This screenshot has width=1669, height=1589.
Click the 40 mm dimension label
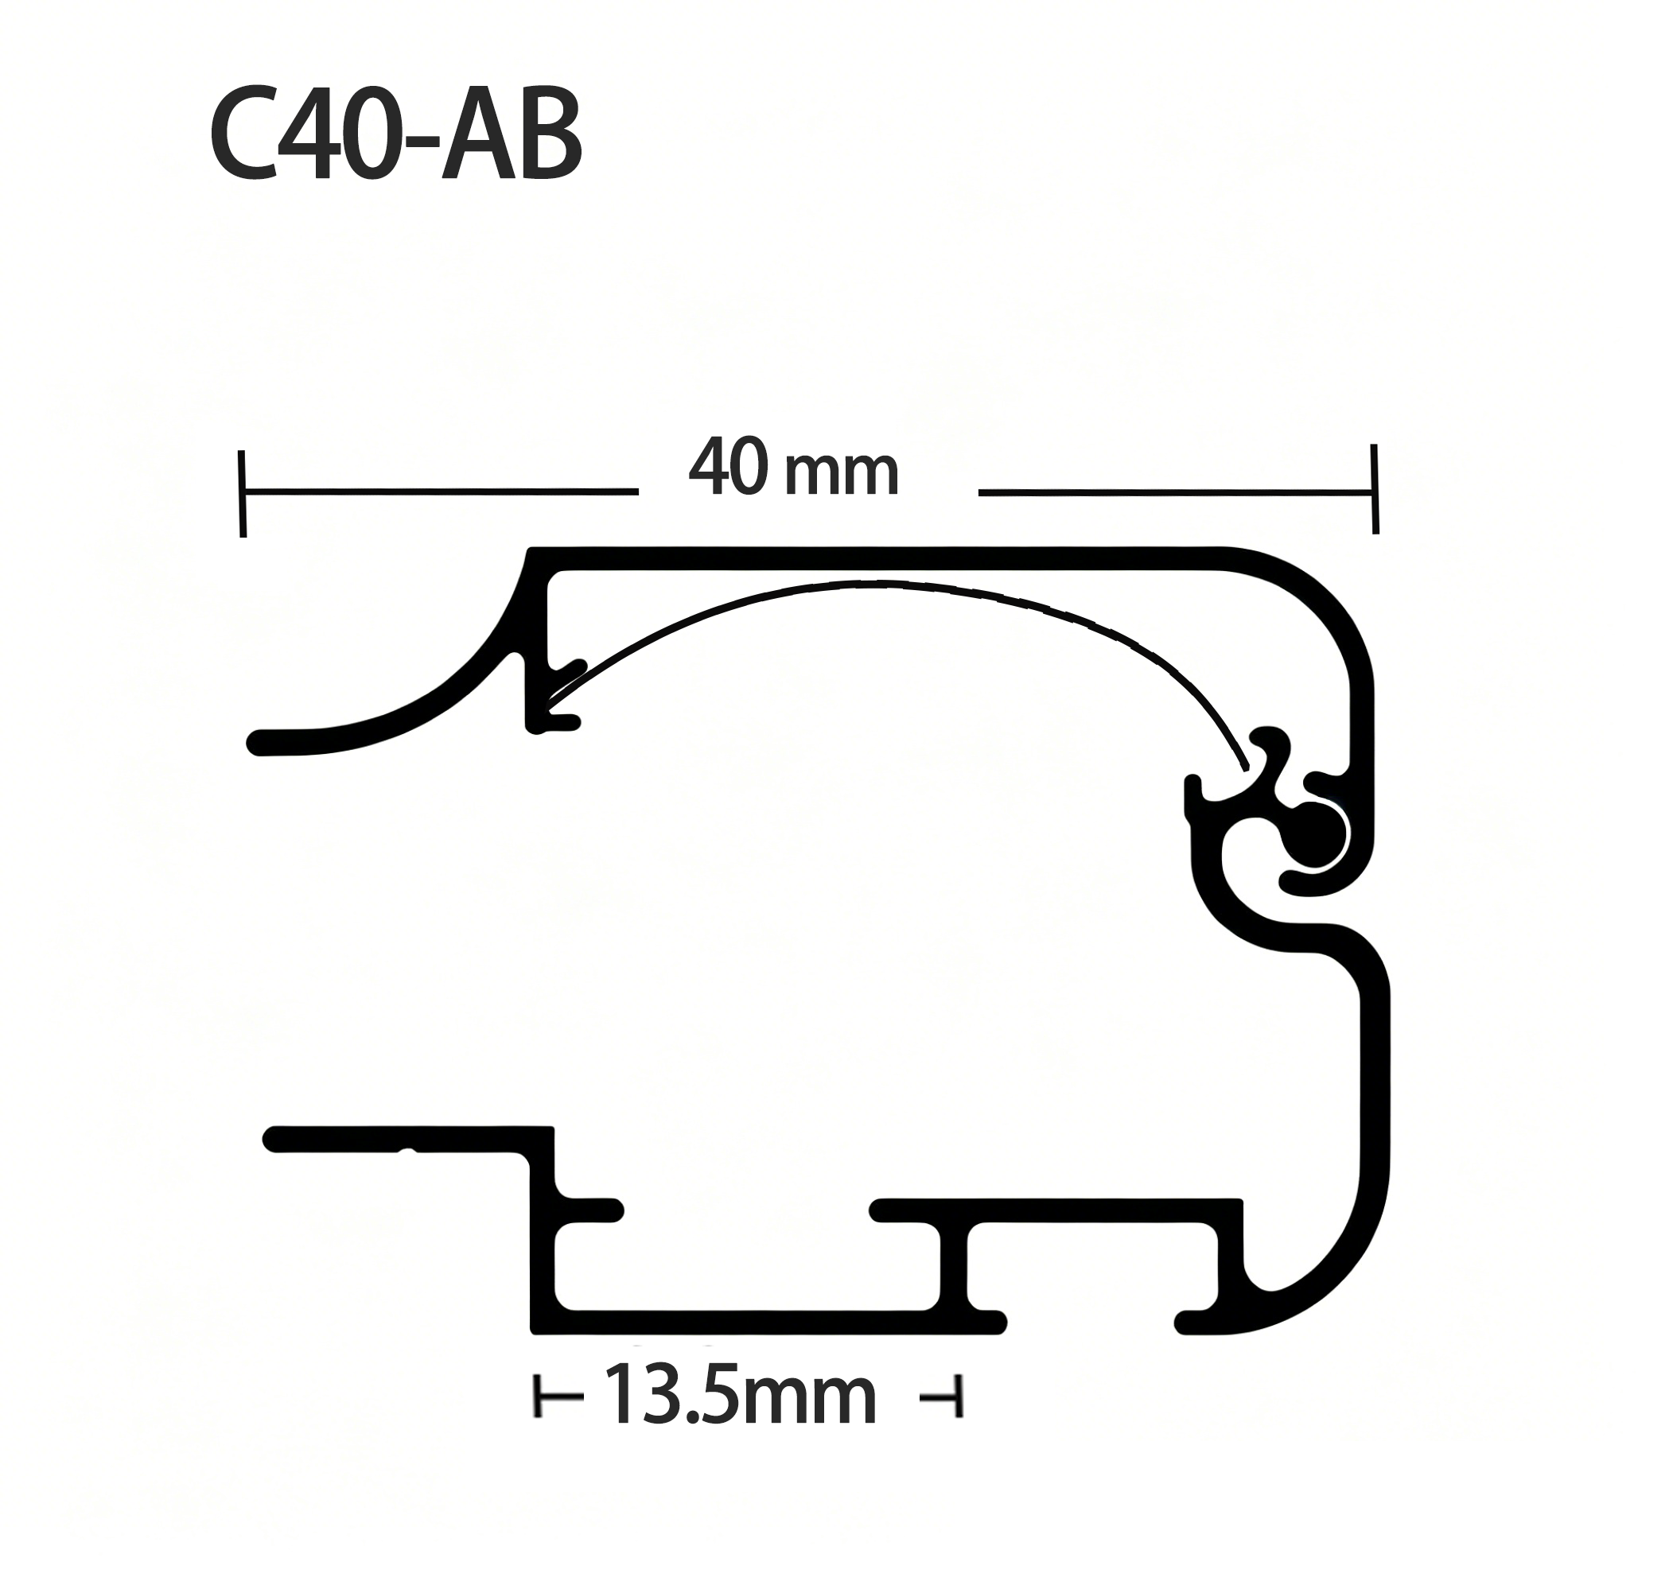[x=794, y=468]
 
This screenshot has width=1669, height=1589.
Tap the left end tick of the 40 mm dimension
[x=243, y=493]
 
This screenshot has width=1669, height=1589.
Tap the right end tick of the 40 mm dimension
[x=1374, y=489]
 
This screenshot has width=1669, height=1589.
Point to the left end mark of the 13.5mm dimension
[x=537, y=1397]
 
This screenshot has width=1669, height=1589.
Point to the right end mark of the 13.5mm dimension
[x=957, y=1397]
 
